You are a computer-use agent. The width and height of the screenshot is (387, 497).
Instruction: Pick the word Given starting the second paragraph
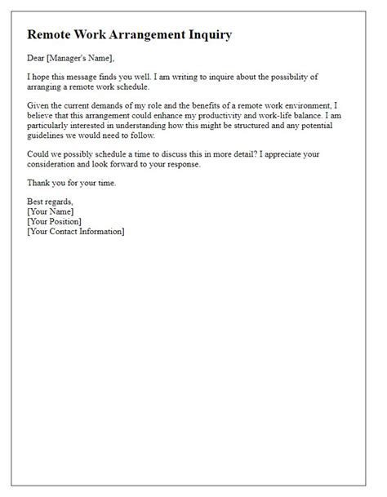tap(40, 104)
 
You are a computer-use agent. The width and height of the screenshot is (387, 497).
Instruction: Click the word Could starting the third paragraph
tap(40, 155)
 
